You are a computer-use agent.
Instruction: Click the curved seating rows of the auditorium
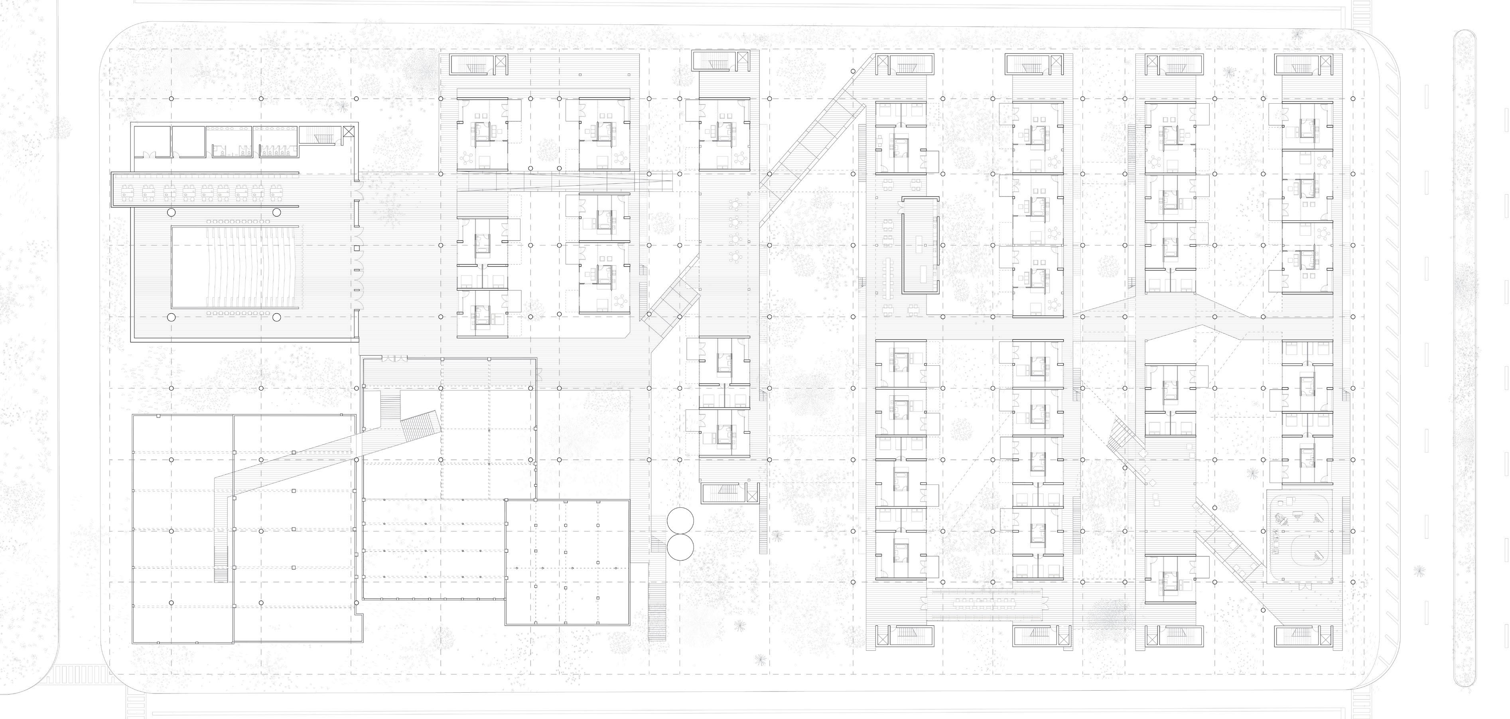[235, 267]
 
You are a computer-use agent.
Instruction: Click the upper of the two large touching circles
[680, 520]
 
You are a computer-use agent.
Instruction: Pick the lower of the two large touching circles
[680, 546]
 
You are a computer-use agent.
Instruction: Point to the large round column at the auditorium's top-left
[171, 212]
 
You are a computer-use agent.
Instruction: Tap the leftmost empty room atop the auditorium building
[151, 142]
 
